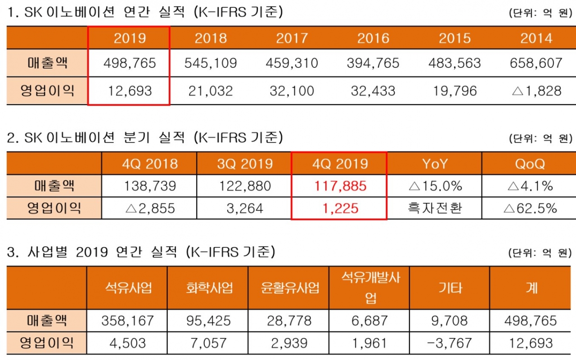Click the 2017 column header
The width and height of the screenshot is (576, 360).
point(292,38)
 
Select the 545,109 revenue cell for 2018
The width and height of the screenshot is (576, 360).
point(211,63)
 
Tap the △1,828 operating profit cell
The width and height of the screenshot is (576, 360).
point(536,91)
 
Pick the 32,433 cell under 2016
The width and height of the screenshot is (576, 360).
point(373,91)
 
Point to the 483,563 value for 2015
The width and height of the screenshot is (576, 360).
point(454,63)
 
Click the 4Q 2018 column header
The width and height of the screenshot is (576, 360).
point(150,163)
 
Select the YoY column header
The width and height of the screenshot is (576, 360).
point(435,163)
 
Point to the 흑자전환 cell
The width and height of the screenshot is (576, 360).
point(435,208)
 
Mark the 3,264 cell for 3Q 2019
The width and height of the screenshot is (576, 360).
point(245,208)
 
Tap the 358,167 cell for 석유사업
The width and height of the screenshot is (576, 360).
point(128,321)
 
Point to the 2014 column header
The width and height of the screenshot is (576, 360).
point(536,38)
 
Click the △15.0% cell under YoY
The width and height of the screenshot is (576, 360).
point(435,186)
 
